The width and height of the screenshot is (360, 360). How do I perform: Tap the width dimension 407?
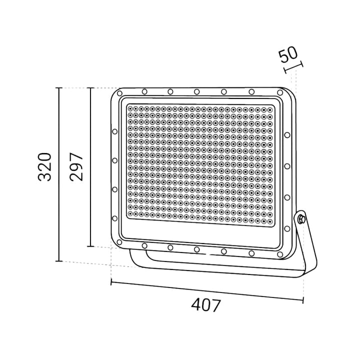(205, 304)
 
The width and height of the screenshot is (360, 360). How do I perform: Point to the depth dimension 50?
(288, 54)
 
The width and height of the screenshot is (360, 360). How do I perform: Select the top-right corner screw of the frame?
(278, 93)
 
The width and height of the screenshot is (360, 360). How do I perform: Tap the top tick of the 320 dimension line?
(59, 88)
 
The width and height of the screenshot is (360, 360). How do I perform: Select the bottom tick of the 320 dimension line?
(59, 261)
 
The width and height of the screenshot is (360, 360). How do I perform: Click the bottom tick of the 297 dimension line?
(90, 246)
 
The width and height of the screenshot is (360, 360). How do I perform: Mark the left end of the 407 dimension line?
(111, 283)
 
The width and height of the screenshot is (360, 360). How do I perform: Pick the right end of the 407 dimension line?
(303, 300)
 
